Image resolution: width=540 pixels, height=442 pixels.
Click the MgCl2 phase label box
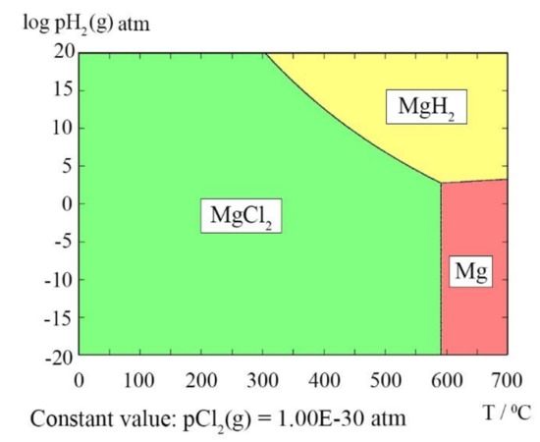coord(241,215)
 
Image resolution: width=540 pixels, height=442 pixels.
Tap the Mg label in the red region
coord(469,273)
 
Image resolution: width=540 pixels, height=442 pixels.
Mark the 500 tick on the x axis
coord(385,376)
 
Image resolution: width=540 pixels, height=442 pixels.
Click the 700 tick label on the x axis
coord(507,376)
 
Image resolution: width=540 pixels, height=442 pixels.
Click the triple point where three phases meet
coord(441,183)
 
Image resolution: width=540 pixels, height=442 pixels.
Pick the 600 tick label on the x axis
coord(446,376)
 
